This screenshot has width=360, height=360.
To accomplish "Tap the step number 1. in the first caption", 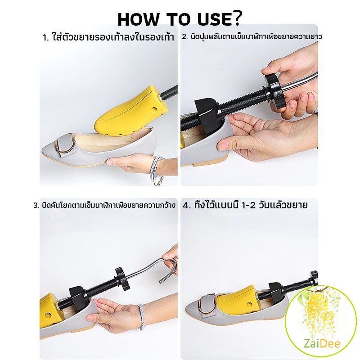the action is point(46,37).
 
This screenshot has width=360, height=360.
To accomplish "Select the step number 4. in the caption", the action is point(187,205).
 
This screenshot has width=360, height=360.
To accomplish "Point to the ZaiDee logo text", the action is point(322,344).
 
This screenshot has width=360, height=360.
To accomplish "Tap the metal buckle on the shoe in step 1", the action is point(64,144).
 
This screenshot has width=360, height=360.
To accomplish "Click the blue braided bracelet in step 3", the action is point(141,317).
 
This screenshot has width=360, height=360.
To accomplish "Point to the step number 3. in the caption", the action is point(36,205).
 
